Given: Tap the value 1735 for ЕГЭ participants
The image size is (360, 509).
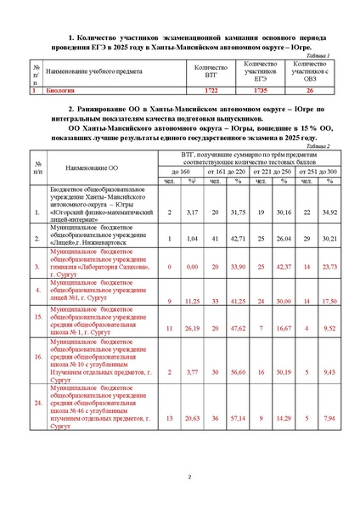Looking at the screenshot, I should [260, 88].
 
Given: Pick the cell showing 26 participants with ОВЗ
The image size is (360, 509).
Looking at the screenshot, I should [310, 88].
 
